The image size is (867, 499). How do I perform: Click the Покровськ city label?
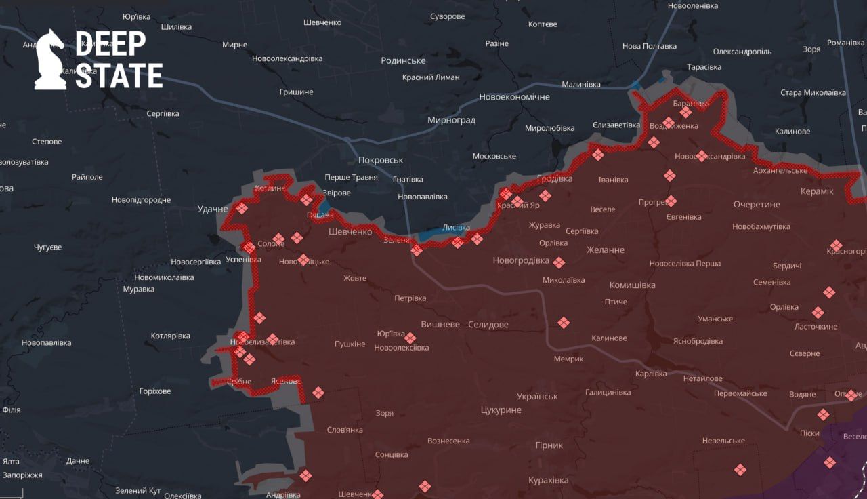pyautogui.click(x=380, y=160)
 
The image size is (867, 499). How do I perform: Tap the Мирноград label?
pyautogui.click(x=451, y=120)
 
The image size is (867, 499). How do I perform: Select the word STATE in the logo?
pyautogui.click(x=119, y=76)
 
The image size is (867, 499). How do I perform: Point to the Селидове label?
pyautogui.click(x=488, y=325)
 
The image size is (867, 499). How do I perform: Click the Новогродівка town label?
pyautogui.click(x=521, y=260)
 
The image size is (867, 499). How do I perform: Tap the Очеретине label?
pyautogui.click(x=757, y=204)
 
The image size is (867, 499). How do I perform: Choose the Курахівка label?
pyautogui.click(x=548, y=480)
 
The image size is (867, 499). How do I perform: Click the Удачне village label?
pyautogui.click(x=213, y=209)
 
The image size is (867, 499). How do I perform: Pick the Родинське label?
pyautogui.click(x=403, y=60)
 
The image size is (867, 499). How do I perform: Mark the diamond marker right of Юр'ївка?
pyautogui.click(x=410, y=338)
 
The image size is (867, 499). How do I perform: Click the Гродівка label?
pyautogui.click(x=554, y=179)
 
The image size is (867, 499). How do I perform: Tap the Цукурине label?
pyautogui.click(x=501, y=410)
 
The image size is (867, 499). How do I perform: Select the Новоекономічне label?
pyautogui.click(x=514, y=97)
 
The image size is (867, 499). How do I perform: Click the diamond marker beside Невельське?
pyautogui.click(x=740, y=469)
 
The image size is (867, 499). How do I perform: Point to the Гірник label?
pyautogui.click(x=548, y=445)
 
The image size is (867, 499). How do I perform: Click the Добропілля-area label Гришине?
pyautogui.click(x=296, y=92)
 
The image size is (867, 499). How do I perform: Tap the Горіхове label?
pyautogui.click(x=154, y=391)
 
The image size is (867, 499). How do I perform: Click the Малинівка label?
pyautogui.click(x=580, y=85)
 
